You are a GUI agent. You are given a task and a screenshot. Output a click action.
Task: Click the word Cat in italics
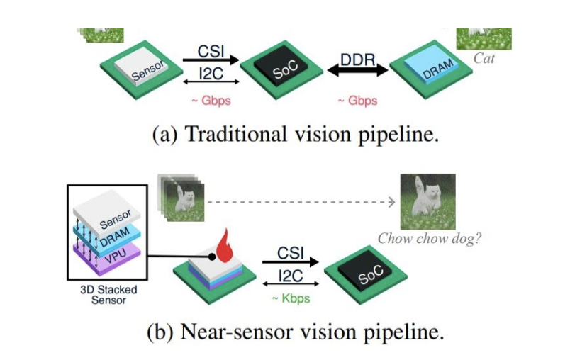[x=484, y=59]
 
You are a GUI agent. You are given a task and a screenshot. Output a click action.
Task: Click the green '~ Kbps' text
[x=291, y=298]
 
